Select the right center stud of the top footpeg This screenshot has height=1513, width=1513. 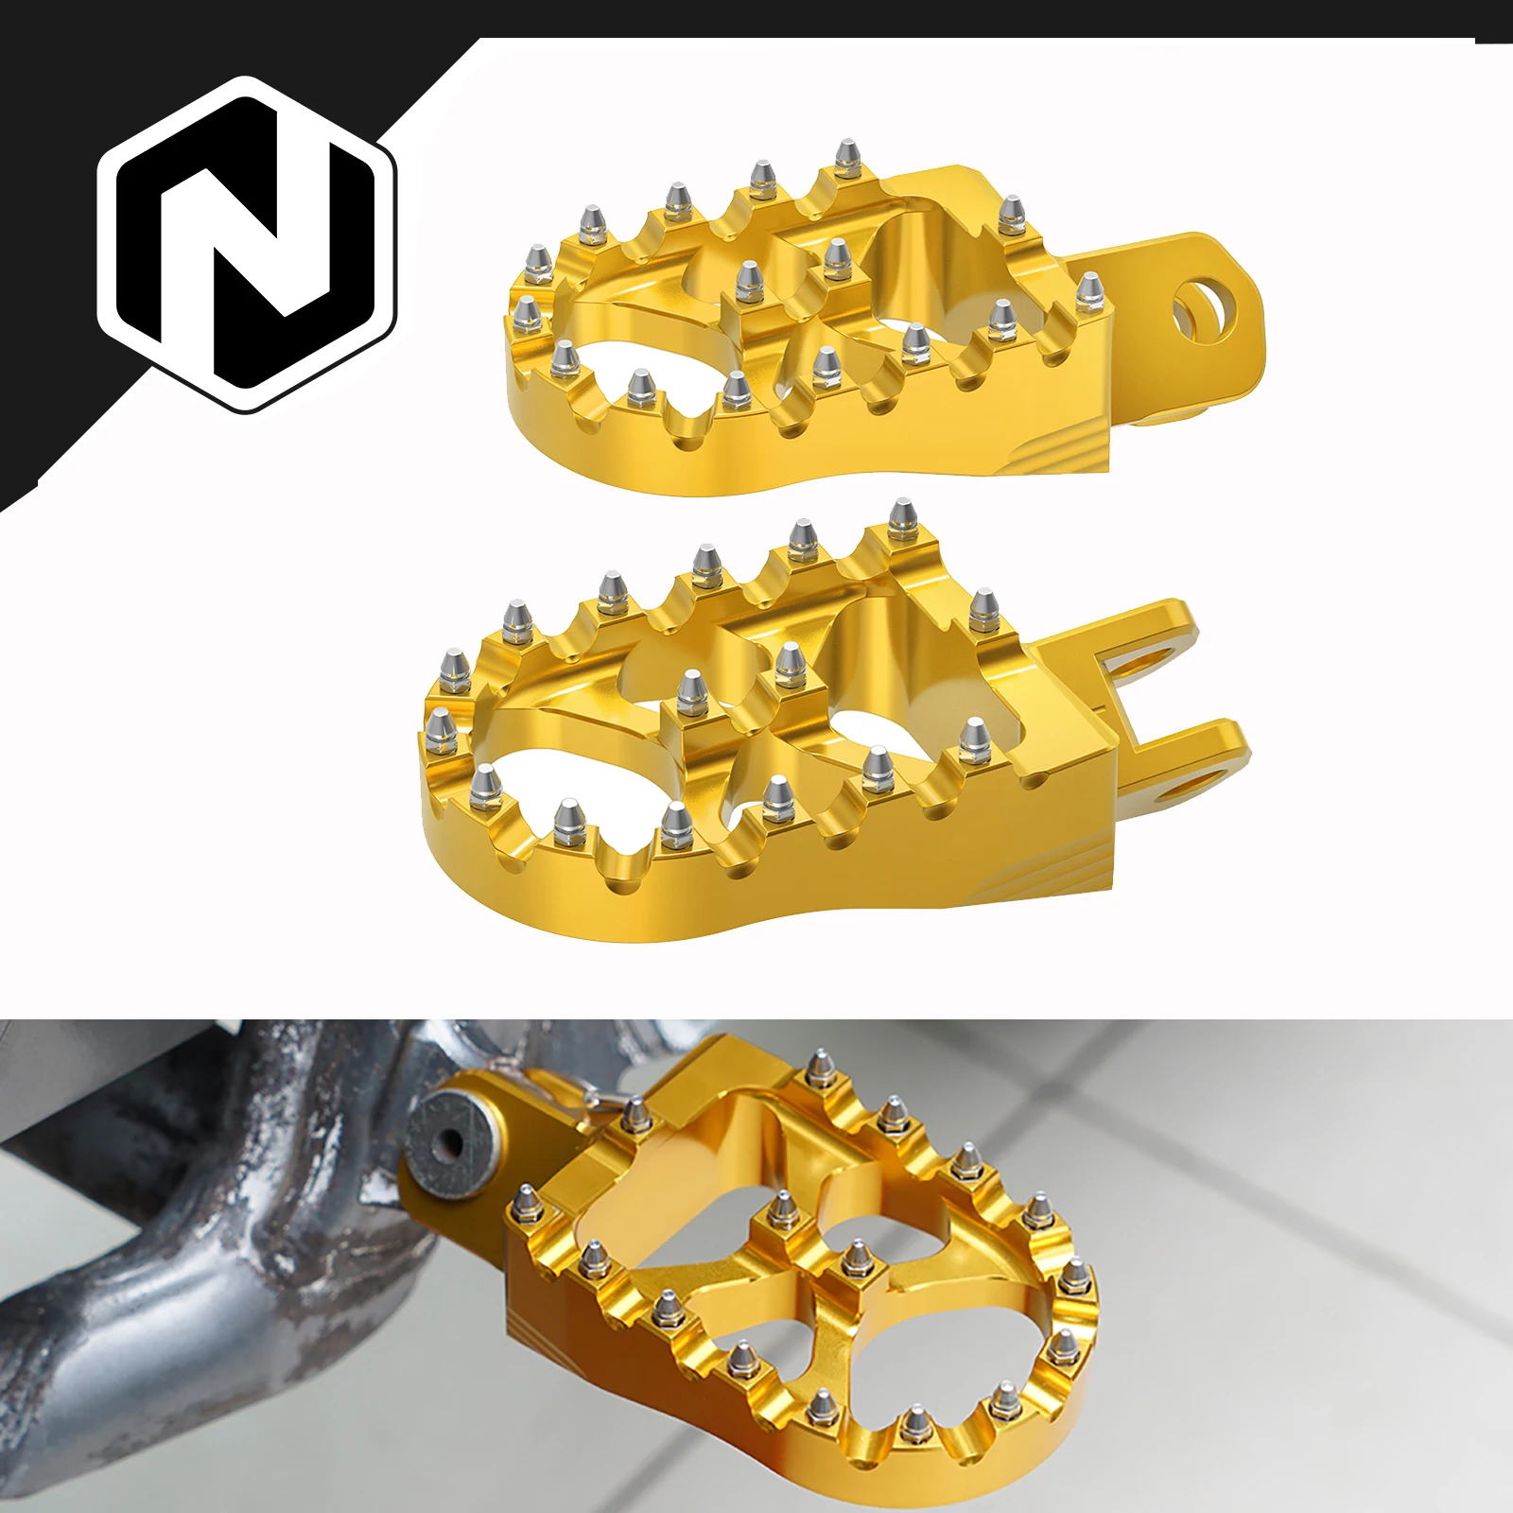pyautogui.click(x=835, y=257)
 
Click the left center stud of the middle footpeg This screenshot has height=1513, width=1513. pyautogui.click(x=692, y=689)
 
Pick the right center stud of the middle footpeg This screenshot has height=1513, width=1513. pyautogui.click(x=789, y=661)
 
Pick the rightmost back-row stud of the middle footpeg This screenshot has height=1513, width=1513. pyautogui.click(x=983, y=605)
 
